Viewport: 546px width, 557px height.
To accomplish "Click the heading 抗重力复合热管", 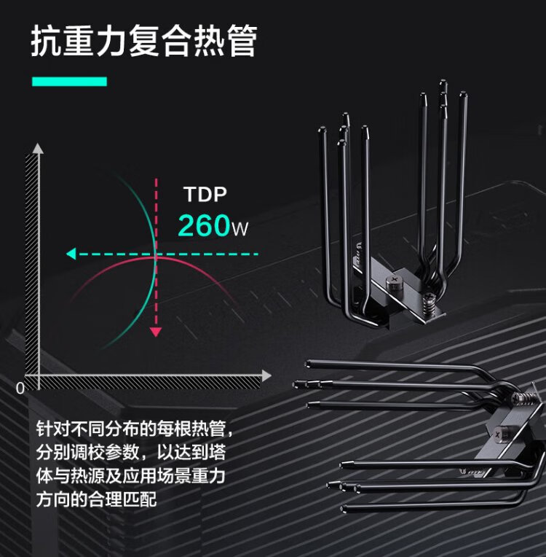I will coord(143,42).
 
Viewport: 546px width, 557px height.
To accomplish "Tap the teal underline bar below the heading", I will coord(69,81).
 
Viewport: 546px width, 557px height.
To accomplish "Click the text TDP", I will coord(205,195).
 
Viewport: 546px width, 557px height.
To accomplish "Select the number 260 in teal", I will coord(204,226).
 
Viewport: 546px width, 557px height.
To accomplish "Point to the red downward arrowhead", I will coord(155,332).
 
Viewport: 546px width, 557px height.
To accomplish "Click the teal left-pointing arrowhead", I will coord(71,254).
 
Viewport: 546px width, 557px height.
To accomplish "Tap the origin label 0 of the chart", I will coord(20,388).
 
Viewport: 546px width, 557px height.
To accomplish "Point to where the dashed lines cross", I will coord(155,254).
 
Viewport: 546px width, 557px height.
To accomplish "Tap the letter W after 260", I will coord(240,229).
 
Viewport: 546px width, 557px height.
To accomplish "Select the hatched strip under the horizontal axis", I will coord(146,383).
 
